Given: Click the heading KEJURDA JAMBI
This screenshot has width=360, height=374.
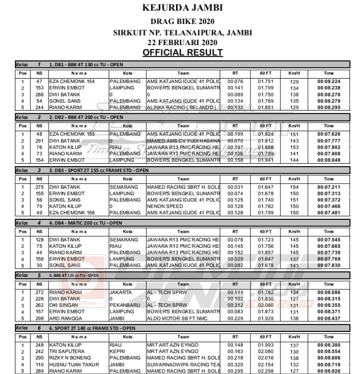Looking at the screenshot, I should coord(182,8).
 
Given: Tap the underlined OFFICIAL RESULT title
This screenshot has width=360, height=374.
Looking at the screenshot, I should coord(182,53).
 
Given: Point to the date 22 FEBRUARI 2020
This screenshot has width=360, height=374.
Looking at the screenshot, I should coord(182,43).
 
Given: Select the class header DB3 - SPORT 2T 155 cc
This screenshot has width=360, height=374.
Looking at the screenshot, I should coord(98,170).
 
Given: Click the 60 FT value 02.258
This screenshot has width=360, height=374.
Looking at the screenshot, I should coord(266,371).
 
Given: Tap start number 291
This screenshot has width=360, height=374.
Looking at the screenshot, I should coord(39,141).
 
